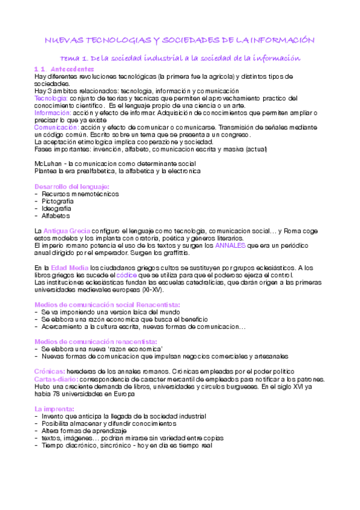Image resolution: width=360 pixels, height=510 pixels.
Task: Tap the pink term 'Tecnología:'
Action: pyautogui.click(x=51, y=98)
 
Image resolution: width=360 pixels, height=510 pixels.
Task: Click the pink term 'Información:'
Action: pyautogui.click(x=52, y=112)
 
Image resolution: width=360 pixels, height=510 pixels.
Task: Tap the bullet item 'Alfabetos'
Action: pyautogui.click(x=56, y=215)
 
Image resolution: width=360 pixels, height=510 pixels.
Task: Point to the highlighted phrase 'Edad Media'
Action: pyautogui.click(x=67, y=268)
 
